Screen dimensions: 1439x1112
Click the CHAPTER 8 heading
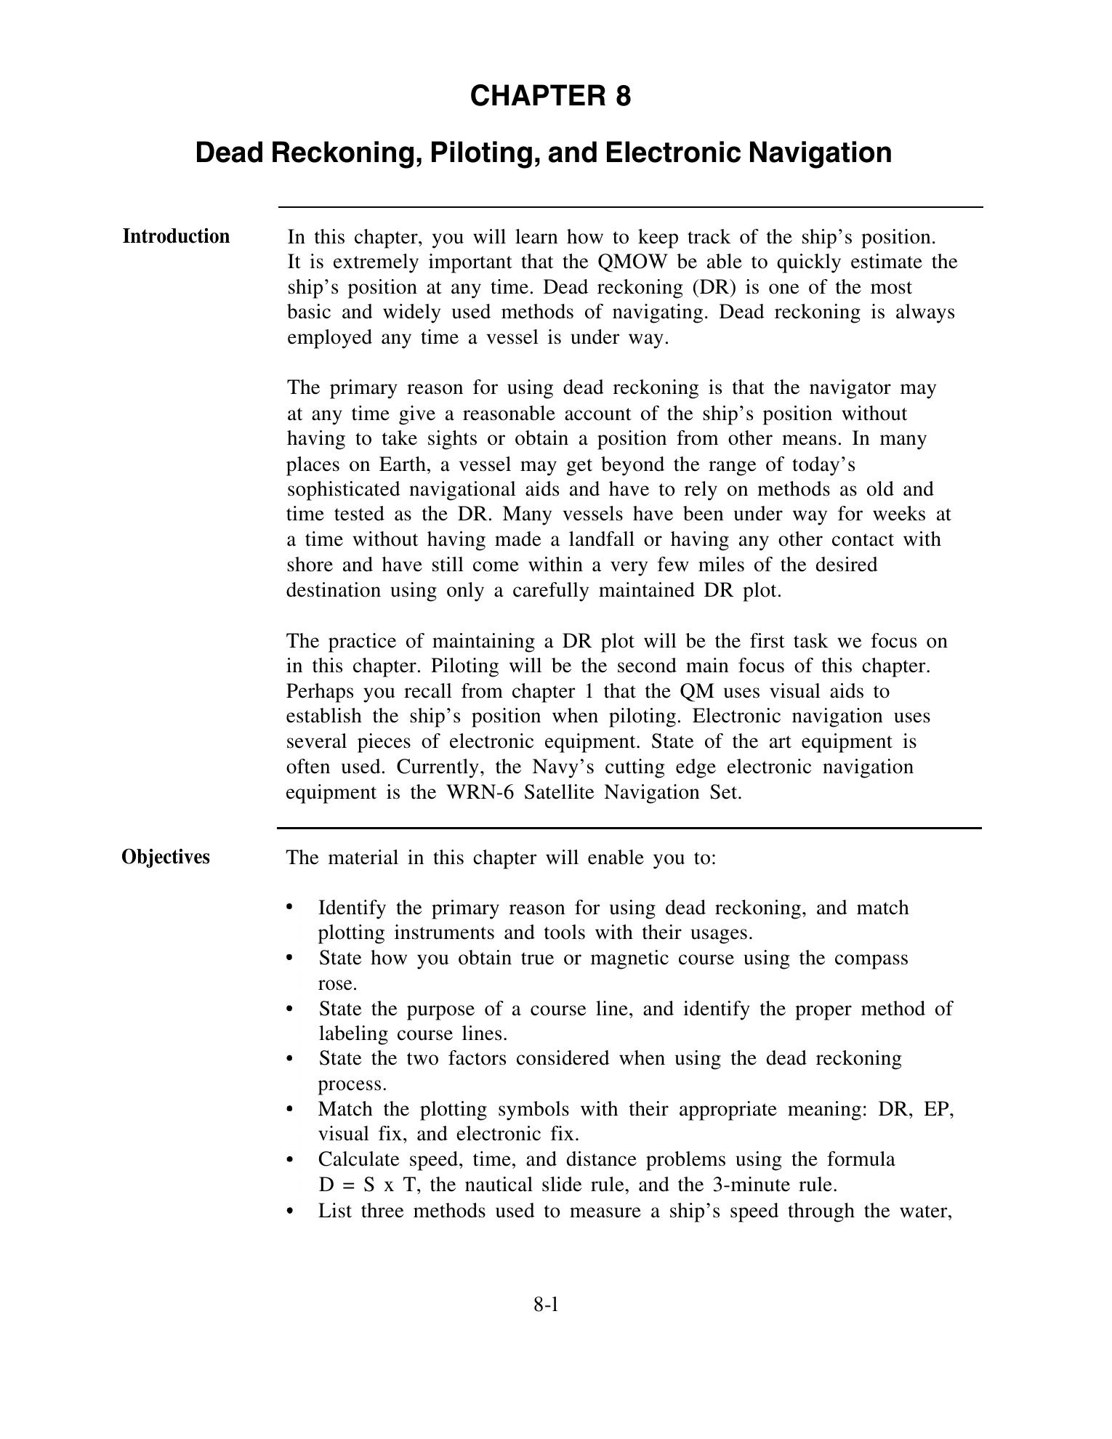pos(550,96)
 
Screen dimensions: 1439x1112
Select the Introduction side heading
pos(176,236)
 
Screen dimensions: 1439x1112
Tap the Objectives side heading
pos(166,857)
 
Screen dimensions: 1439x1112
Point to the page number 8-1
pos(546,1305)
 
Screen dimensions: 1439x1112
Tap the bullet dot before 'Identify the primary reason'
pos(290,907)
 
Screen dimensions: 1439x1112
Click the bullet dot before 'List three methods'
pos(290,1210)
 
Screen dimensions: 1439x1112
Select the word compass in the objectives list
pos(871,958)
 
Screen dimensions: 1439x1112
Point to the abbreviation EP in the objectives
pos(938,1109)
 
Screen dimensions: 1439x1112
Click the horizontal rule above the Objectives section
pos(629,828)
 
